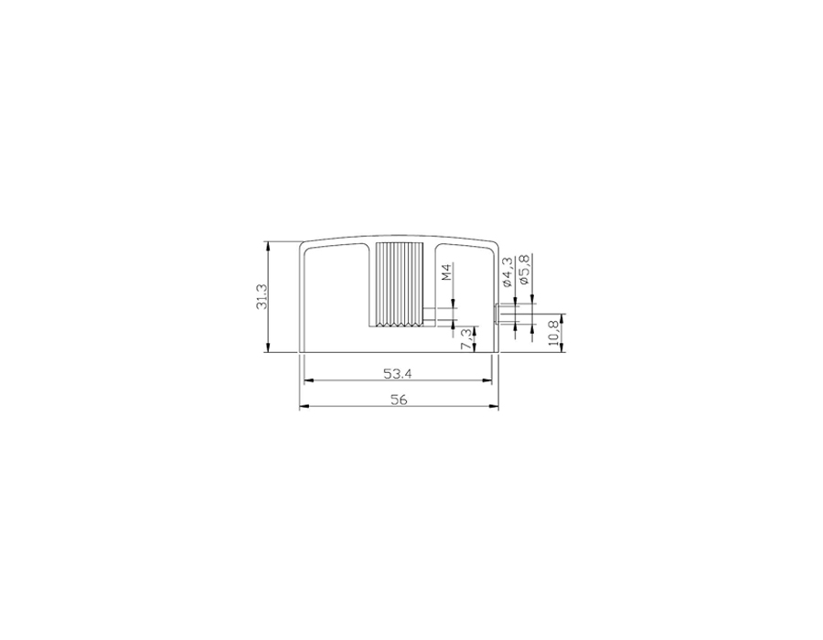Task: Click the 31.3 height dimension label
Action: tap(262, 296)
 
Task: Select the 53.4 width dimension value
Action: tap(398, 374)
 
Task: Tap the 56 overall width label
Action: tap(399, 400)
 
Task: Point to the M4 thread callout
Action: tap(446, 272)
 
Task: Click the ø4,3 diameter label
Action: tap(508, 272)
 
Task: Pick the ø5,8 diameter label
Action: tap(524, 270)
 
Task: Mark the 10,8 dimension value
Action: tap(552, 333)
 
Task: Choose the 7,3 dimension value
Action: tap(466, 338)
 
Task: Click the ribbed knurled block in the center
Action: tap(400, 285)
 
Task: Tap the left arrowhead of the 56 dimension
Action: tap(304, 406)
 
